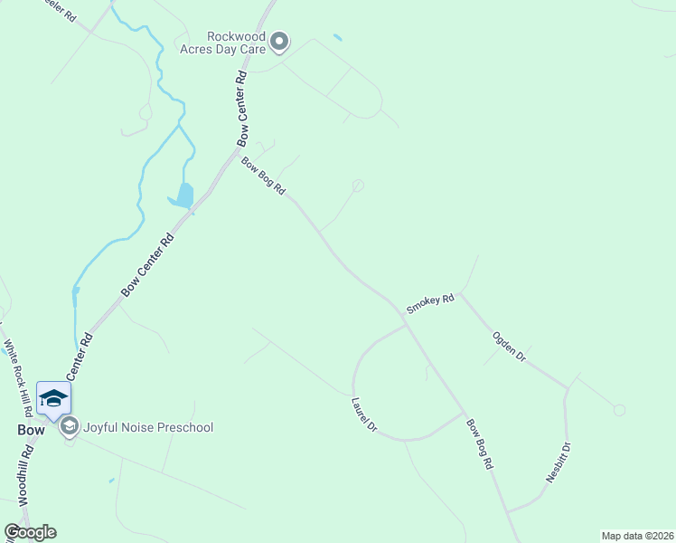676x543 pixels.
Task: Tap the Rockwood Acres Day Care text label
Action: click(x=237, y=43)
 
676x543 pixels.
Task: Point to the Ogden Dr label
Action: click(x=509, y=347)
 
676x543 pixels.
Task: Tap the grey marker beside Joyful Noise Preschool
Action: click(x=70, y=426)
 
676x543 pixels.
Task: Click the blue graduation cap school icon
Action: click(x=53, y=398)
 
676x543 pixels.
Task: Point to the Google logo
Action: click(x=30, y=532)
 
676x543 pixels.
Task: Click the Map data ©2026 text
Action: click(x=637, y=536)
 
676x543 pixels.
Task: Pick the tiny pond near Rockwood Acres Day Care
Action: click(x=338, y=38)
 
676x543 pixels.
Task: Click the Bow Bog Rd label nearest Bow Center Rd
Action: click(x=263, y=176)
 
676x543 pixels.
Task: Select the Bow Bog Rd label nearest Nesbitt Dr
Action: click(x=480, y=443)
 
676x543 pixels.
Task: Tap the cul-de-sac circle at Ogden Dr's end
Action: click(x=619, y=410)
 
